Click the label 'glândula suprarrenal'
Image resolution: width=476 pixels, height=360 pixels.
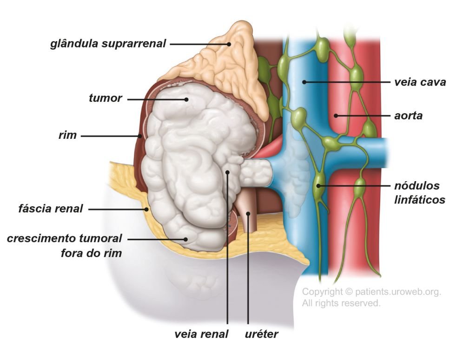coord(108,44)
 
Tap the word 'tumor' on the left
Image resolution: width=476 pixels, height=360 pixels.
coord(106,98)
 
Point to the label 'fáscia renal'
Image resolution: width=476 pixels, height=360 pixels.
coord(51,209)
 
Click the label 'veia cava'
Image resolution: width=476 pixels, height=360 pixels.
coord(420,82)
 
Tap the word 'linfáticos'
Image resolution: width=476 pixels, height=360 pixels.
coord(420,200)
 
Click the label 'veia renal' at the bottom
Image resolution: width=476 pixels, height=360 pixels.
coord(201,334)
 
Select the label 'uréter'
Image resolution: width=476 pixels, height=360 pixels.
coord(261,334)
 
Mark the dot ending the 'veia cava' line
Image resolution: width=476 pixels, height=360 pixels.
coord(304,82)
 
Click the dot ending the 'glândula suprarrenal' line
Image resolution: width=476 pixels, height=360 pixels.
coord(229,44)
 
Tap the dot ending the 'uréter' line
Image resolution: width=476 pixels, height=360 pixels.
coord(248,214)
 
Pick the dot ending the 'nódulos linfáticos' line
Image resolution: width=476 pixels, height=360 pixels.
coord(318,186)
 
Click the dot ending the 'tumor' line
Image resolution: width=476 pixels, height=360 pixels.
coord(186,99)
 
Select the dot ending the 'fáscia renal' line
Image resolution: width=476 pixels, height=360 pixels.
coord(146,209)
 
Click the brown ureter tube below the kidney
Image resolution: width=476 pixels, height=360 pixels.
coord(246,218)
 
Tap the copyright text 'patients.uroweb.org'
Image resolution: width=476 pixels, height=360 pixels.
coord(398,292)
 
